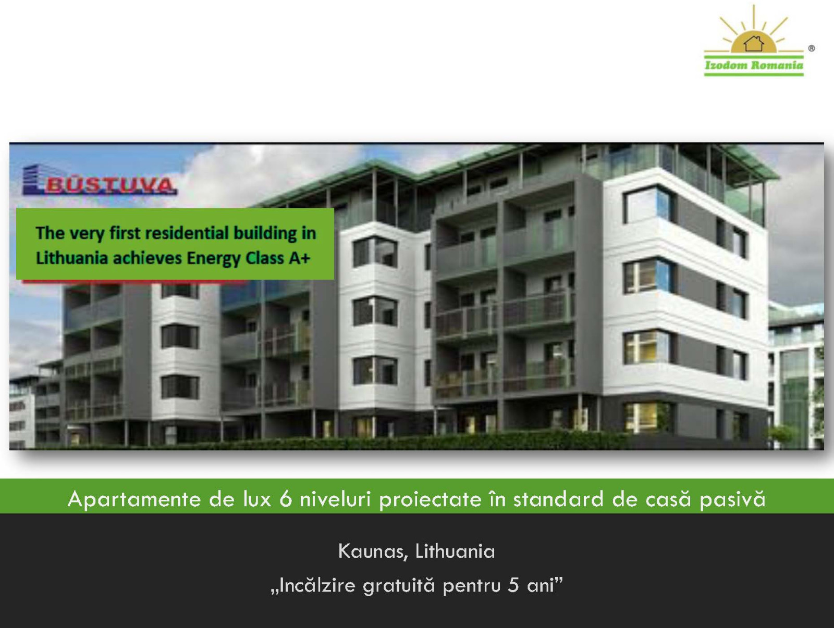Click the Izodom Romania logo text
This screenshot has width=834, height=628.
754,65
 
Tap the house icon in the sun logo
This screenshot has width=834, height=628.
754,43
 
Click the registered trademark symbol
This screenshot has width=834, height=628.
811,48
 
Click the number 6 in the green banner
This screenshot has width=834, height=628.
286,499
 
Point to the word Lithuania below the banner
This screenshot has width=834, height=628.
455,551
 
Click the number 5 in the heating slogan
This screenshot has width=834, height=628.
513,585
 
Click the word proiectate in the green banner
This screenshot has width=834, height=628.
430,500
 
